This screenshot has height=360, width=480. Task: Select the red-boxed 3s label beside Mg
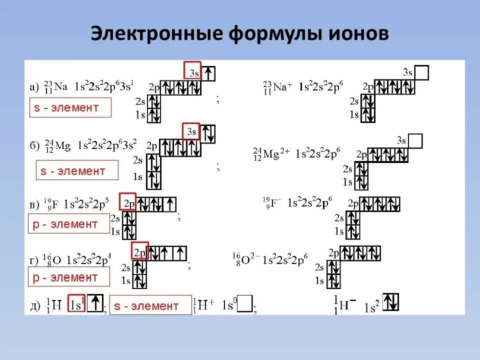(x=190, y=131)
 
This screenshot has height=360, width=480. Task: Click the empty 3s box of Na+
(x=422, y=73)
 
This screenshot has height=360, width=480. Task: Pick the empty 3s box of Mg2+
(x=415, y=141)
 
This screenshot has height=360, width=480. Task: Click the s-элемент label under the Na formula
(x=70, y=107)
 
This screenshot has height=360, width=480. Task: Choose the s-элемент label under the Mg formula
(x=77, y=170)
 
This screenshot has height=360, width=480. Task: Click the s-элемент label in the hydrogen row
(x=150, y=305)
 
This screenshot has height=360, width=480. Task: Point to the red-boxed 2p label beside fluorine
(x=127, y=202)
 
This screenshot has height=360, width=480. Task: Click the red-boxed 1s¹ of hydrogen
(x=76, y=304)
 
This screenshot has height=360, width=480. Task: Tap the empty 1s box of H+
(x=245, y=304)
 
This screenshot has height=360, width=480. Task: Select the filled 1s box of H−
(x=390, y=301)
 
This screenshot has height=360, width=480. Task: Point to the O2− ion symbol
(x=247, y=260)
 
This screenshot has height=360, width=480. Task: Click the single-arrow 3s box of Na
(x=208, y=73)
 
